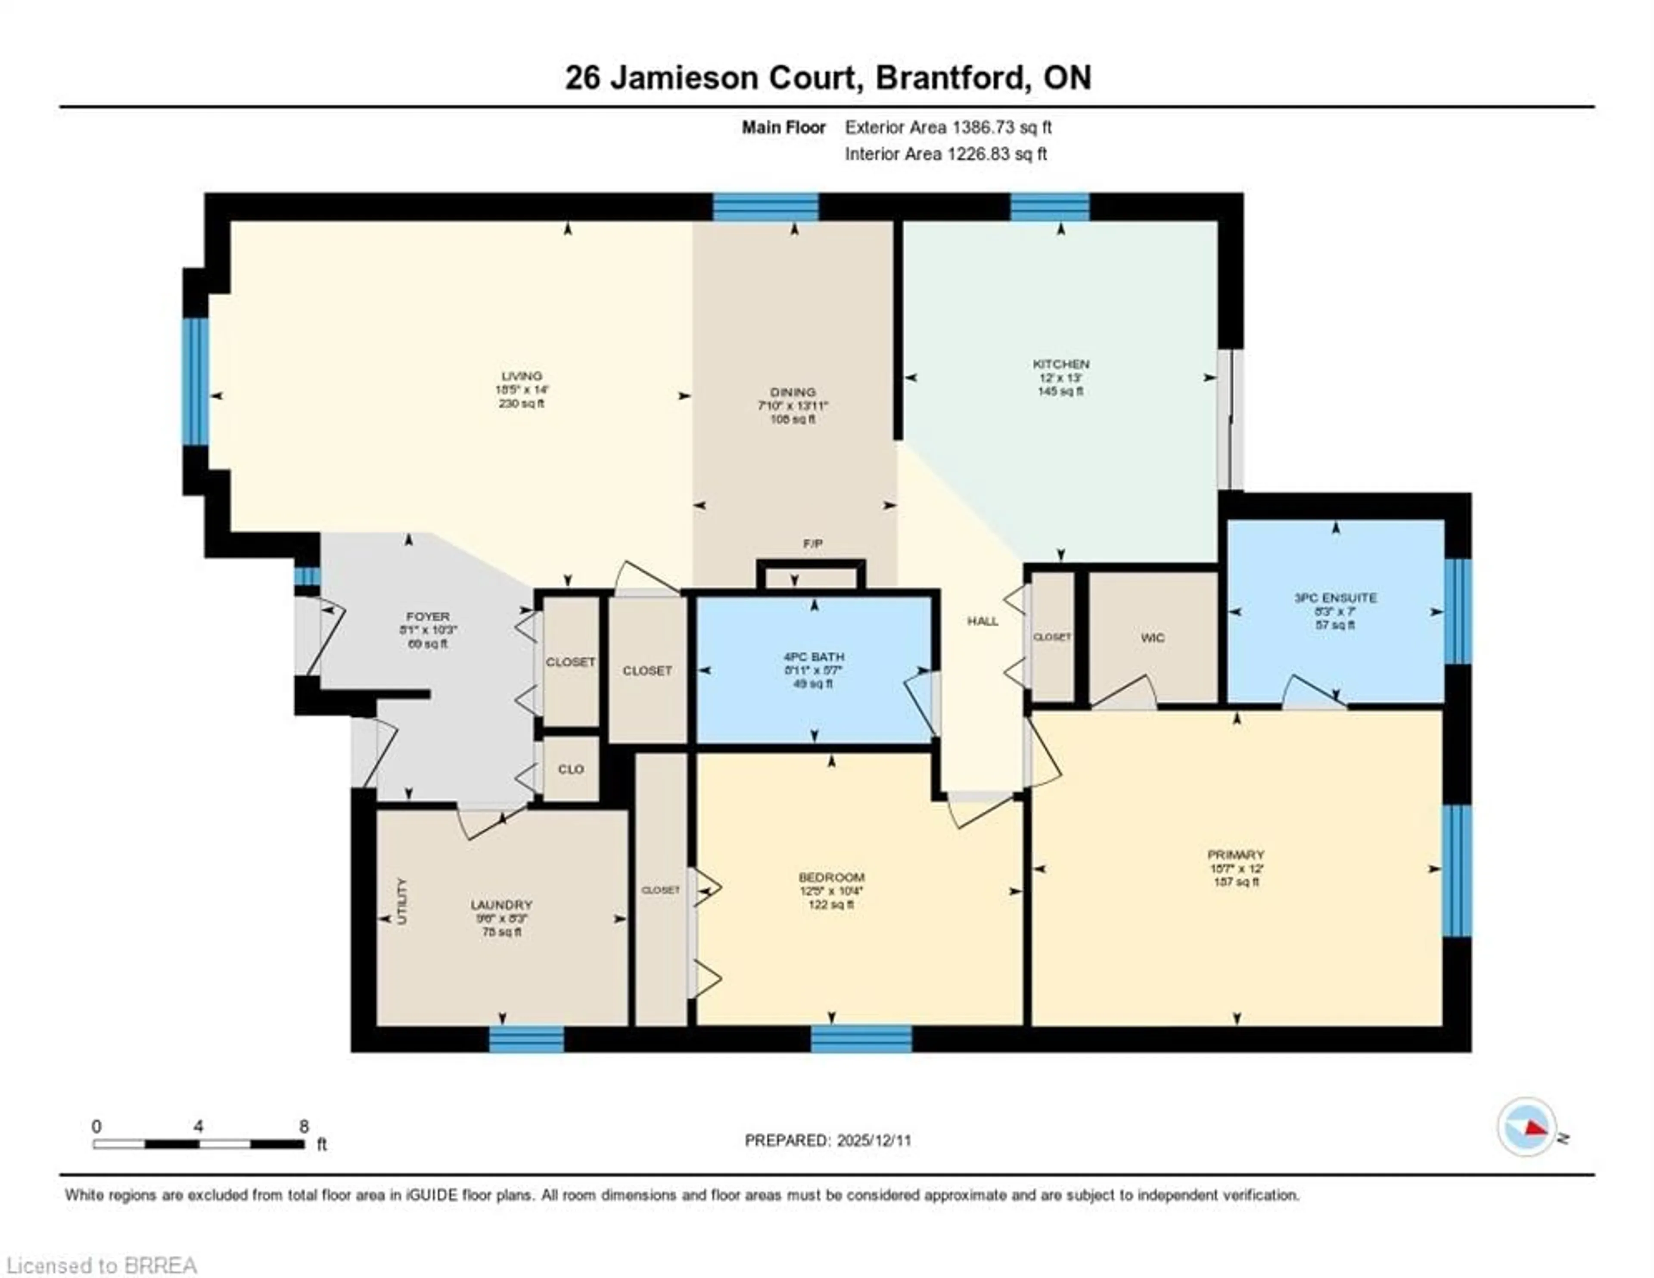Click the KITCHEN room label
[x=1060, y=364]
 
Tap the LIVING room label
[x=522, y=376]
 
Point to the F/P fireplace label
[x=813, y=544]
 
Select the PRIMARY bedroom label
[x=1236, y=855]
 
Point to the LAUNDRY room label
[x=501, y=905]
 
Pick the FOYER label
[x=428, y=617]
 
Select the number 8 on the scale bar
[x=304, y=1126]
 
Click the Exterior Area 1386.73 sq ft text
[x=948, y=127]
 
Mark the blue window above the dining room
[x=766, y=207]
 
